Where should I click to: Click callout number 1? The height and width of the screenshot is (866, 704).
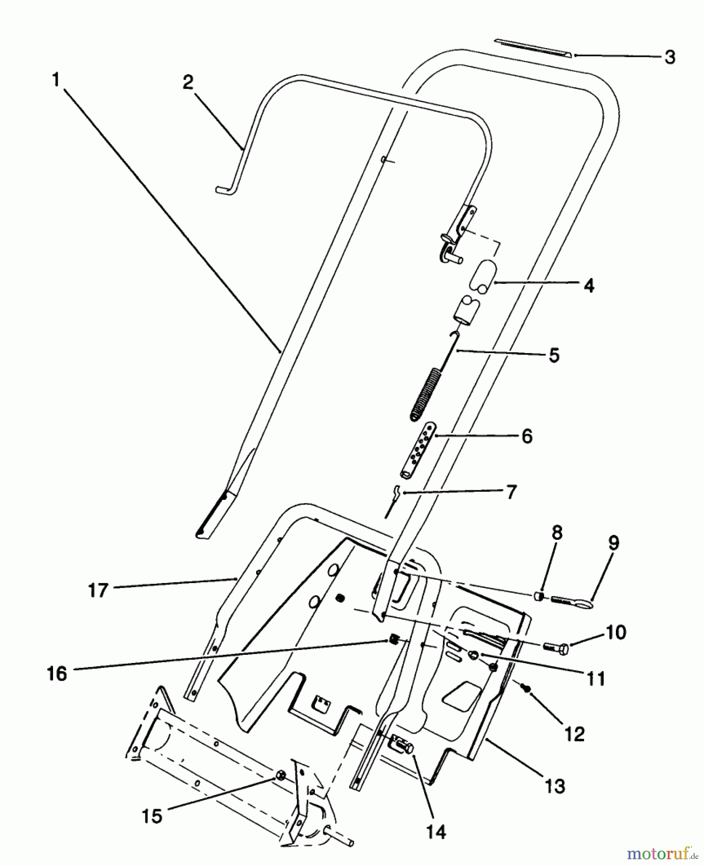pyautogui.click(x=56, y=80)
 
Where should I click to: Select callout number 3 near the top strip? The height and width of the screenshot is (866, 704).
pyautogui.click(x=670, y=57)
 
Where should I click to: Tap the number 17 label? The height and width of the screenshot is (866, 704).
pyautogui.click(x=98, y=590)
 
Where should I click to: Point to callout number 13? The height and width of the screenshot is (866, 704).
pyautogui.click(x=555, y=786)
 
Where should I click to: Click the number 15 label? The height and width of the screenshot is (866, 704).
pyautogui.click(x=152, y=816)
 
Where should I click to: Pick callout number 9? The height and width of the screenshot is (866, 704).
pyautogui.click(x=613, y=543)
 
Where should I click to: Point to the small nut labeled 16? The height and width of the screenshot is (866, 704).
pyautogui.click(x=395, y=640)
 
